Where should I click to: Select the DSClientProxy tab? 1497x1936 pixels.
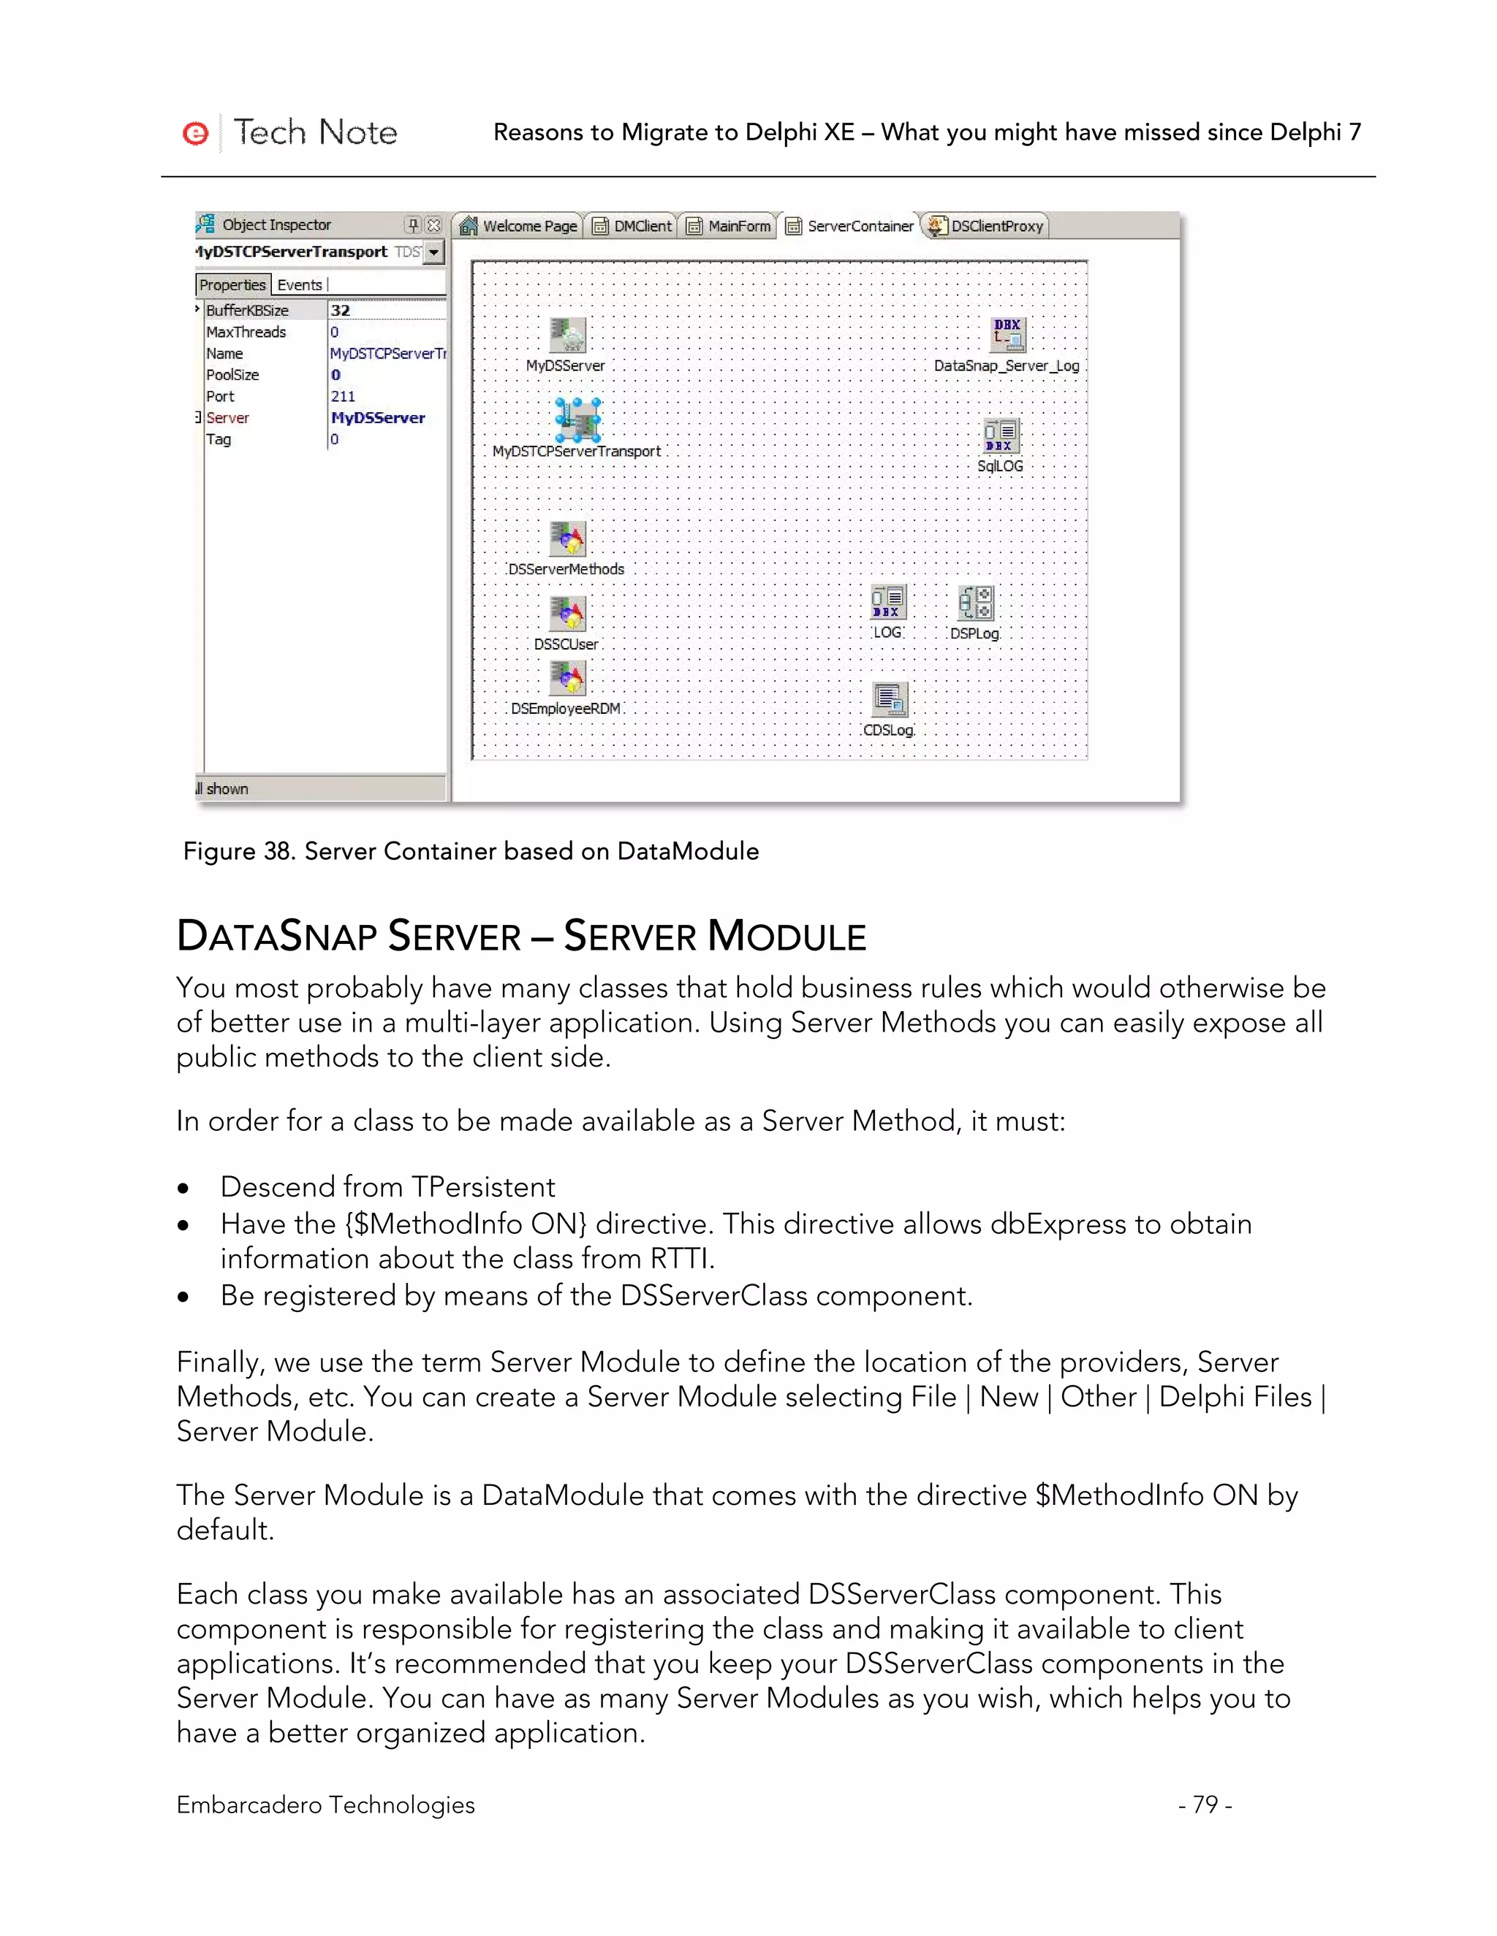pos(985,226)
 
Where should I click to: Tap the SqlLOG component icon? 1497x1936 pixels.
pos(1001,436)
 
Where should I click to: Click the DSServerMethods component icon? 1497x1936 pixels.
pos(567,538)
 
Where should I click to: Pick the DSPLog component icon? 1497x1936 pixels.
pos(976,603)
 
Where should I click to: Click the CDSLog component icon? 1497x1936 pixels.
pos(890,701)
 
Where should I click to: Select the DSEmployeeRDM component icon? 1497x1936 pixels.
pos(567,679)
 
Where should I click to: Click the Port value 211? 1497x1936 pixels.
pos(342,396)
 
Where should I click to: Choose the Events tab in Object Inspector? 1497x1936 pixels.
pos(300,284)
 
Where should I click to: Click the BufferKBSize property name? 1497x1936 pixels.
pos(248,310)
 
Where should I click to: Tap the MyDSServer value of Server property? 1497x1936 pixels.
pos(378,417)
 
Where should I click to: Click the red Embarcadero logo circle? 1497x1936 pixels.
pos(195,133)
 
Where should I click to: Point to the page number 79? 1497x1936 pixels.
pos(1205,1804)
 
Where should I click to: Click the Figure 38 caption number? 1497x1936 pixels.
pos(278,851)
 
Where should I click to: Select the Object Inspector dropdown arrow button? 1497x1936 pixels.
pos(433,252)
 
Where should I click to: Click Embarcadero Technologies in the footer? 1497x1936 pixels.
pos(325,1804)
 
